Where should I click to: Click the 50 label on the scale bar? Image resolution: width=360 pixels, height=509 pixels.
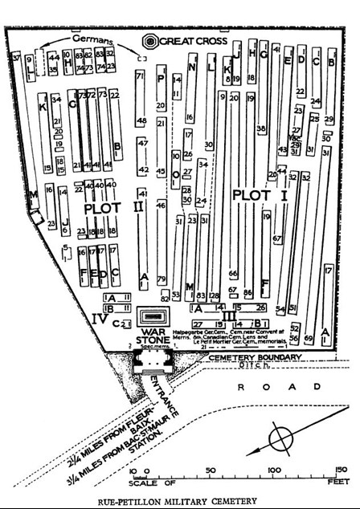(210, 470)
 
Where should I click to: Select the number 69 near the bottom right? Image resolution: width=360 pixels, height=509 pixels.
(308, 340)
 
